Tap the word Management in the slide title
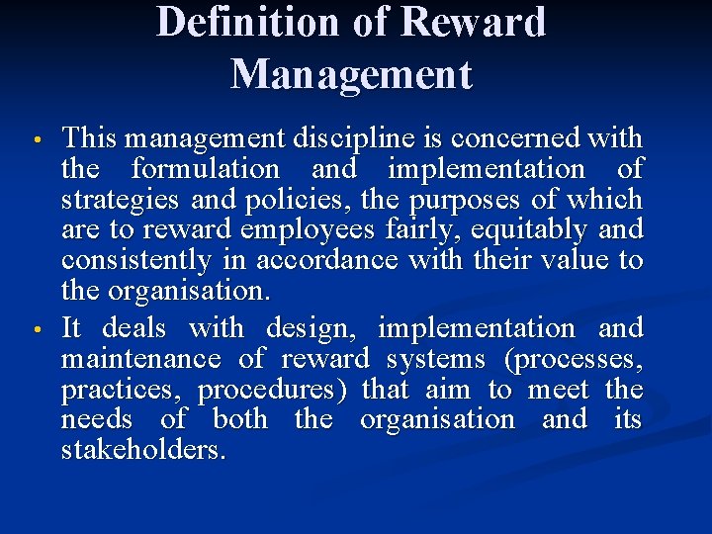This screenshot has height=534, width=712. (x=351, y=74)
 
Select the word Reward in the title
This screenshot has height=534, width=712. (x=482, y=22)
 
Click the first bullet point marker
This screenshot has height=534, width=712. (x=37, y=137)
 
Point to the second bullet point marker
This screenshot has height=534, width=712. (x=37, y=327)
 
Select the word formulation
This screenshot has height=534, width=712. (x=206, y=169)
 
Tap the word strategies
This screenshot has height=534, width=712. (x=109, y=200)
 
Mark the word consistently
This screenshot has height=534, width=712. (x=136, y=261)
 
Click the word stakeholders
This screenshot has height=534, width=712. (x=143, y=451)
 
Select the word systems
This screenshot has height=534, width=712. (x=436, y=358)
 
